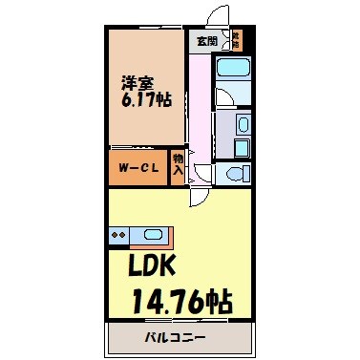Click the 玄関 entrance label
[206, 41]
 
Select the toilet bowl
[235, 172]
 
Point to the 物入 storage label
[178, 165]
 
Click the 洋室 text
[135, 81]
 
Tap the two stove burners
[119, 233]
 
